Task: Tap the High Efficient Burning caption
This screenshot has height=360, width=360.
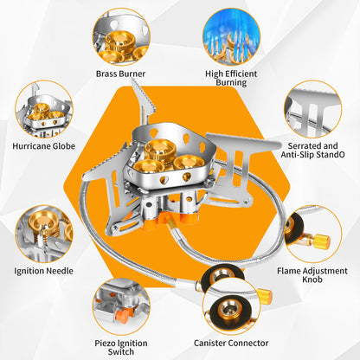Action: (x=230, y=80)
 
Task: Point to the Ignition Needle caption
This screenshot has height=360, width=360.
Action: (x=43, y=271)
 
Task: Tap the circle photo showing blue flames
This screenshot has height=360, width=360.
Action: (x=230, y=36)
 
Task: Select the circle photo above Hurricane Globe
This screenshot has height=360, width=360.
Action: (x=43, y=109)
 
